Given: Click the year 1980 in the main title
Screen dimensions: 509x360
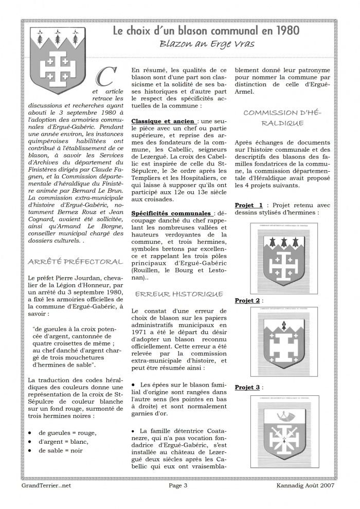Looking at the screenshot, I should [x=283, y=31].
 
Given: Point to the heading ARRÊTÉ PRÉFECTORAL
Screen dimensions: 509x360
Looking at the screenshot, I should [x=76, y=262].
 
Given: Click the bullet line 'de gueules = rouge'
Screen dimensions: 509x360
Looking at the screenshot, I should [x=67, y=432].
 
